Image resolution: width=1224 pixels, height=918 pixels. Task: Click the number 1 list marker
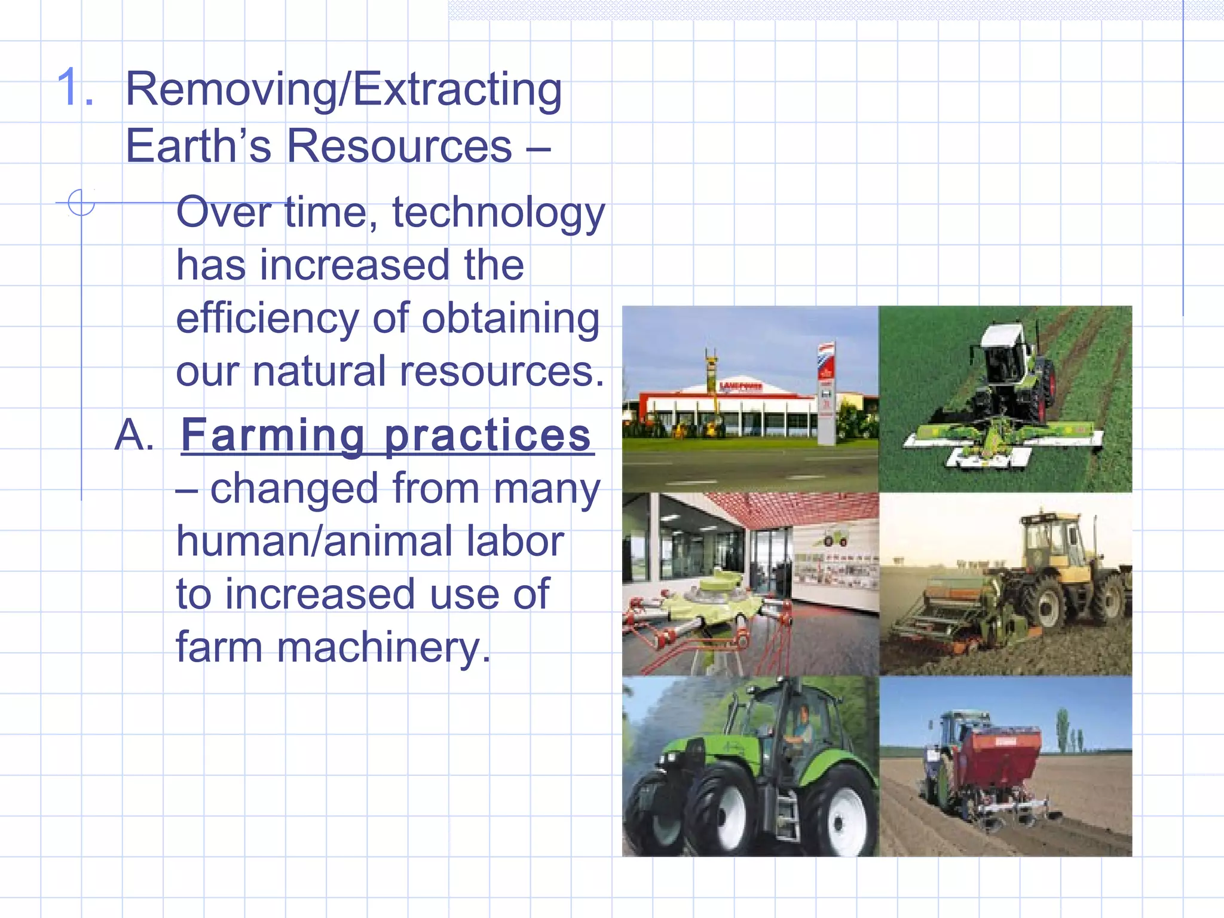[75, 88]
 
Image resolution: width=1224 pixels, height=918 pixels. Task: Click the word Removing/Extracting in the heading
[344, 90]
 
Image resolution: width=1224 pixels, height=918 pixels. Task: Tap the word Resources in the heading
[399, 146]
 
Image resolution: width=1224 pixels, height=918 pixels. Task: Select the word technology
[498, 213]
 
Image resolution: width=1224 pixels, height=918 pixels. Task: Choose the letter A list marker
[134, 435]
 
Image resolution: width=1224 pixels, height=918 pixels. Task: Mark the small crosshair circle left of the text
[81, 203]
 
